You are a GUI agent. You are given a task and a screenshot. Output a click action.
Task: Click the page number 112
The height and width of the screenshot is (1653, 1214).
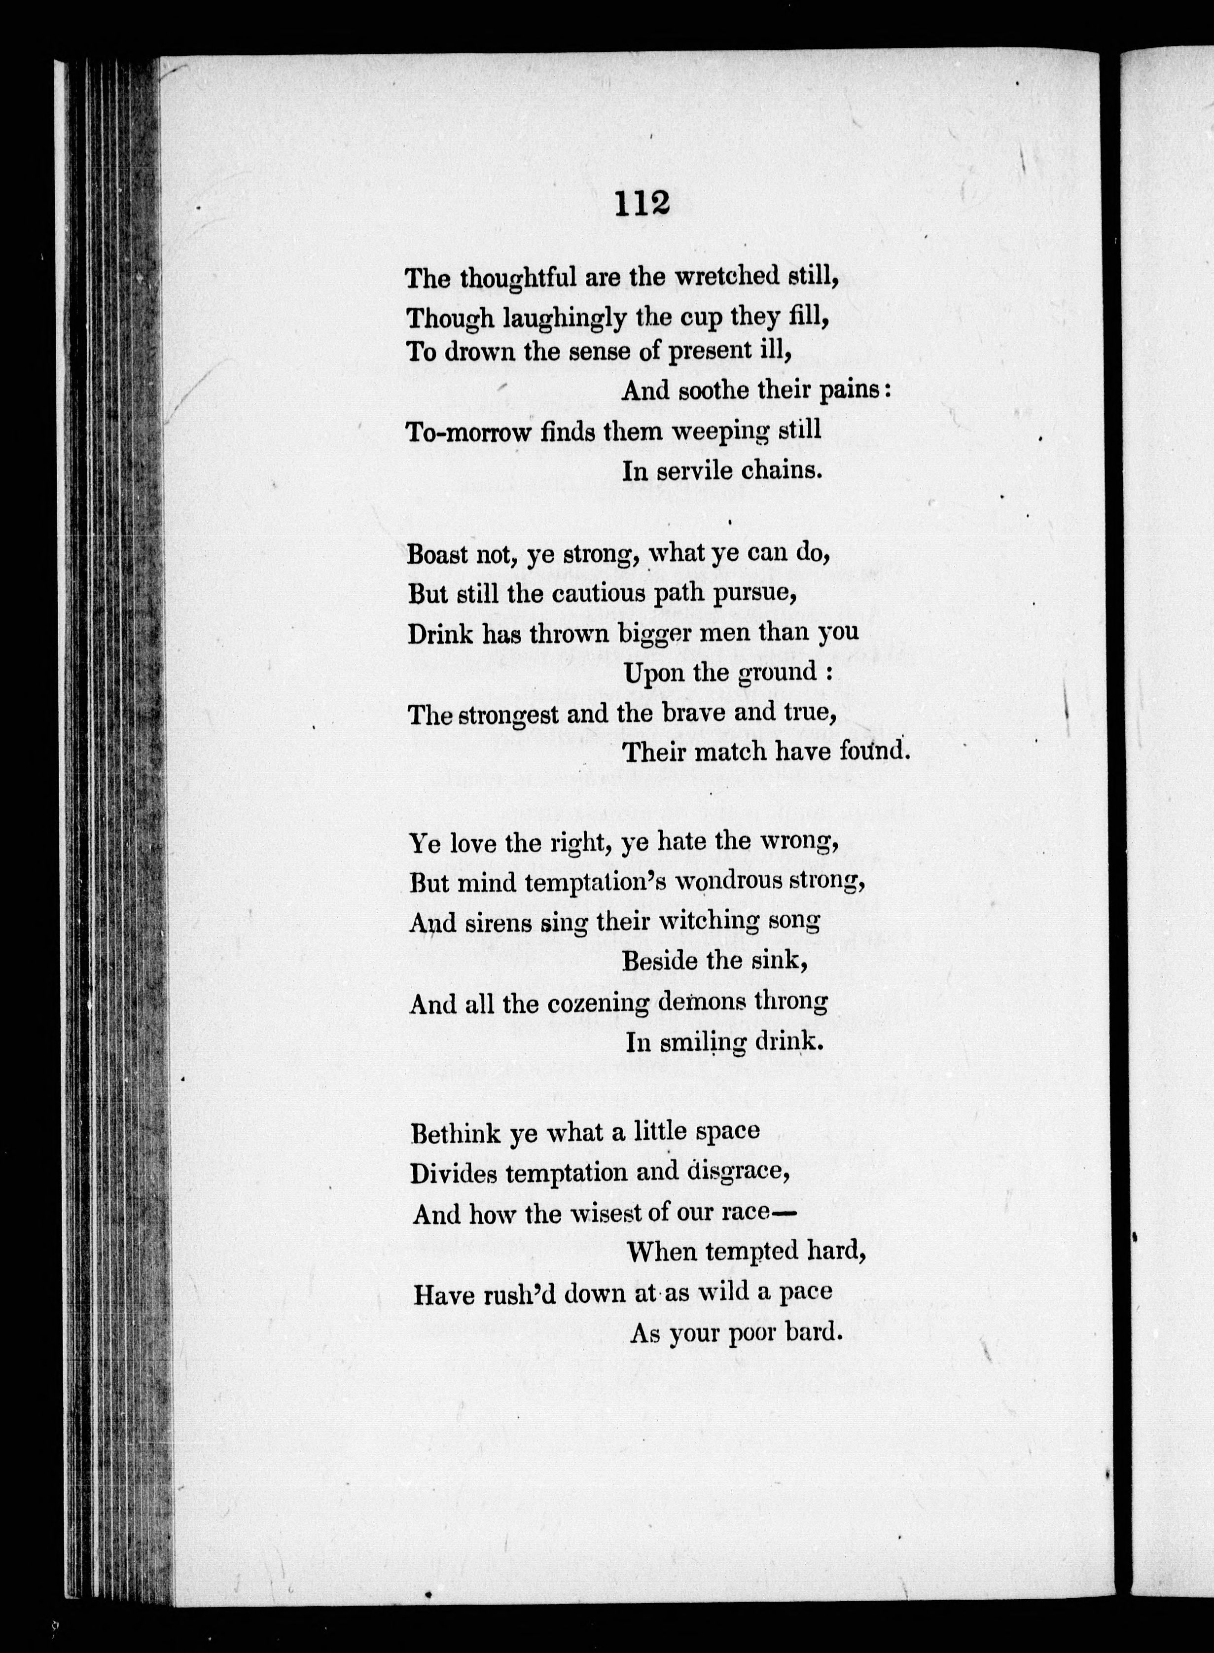tap(643, 204)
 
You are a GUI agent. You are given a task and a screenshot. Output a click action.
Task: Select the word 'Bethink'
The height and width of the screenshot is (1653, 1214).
tap(456, 1133)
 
